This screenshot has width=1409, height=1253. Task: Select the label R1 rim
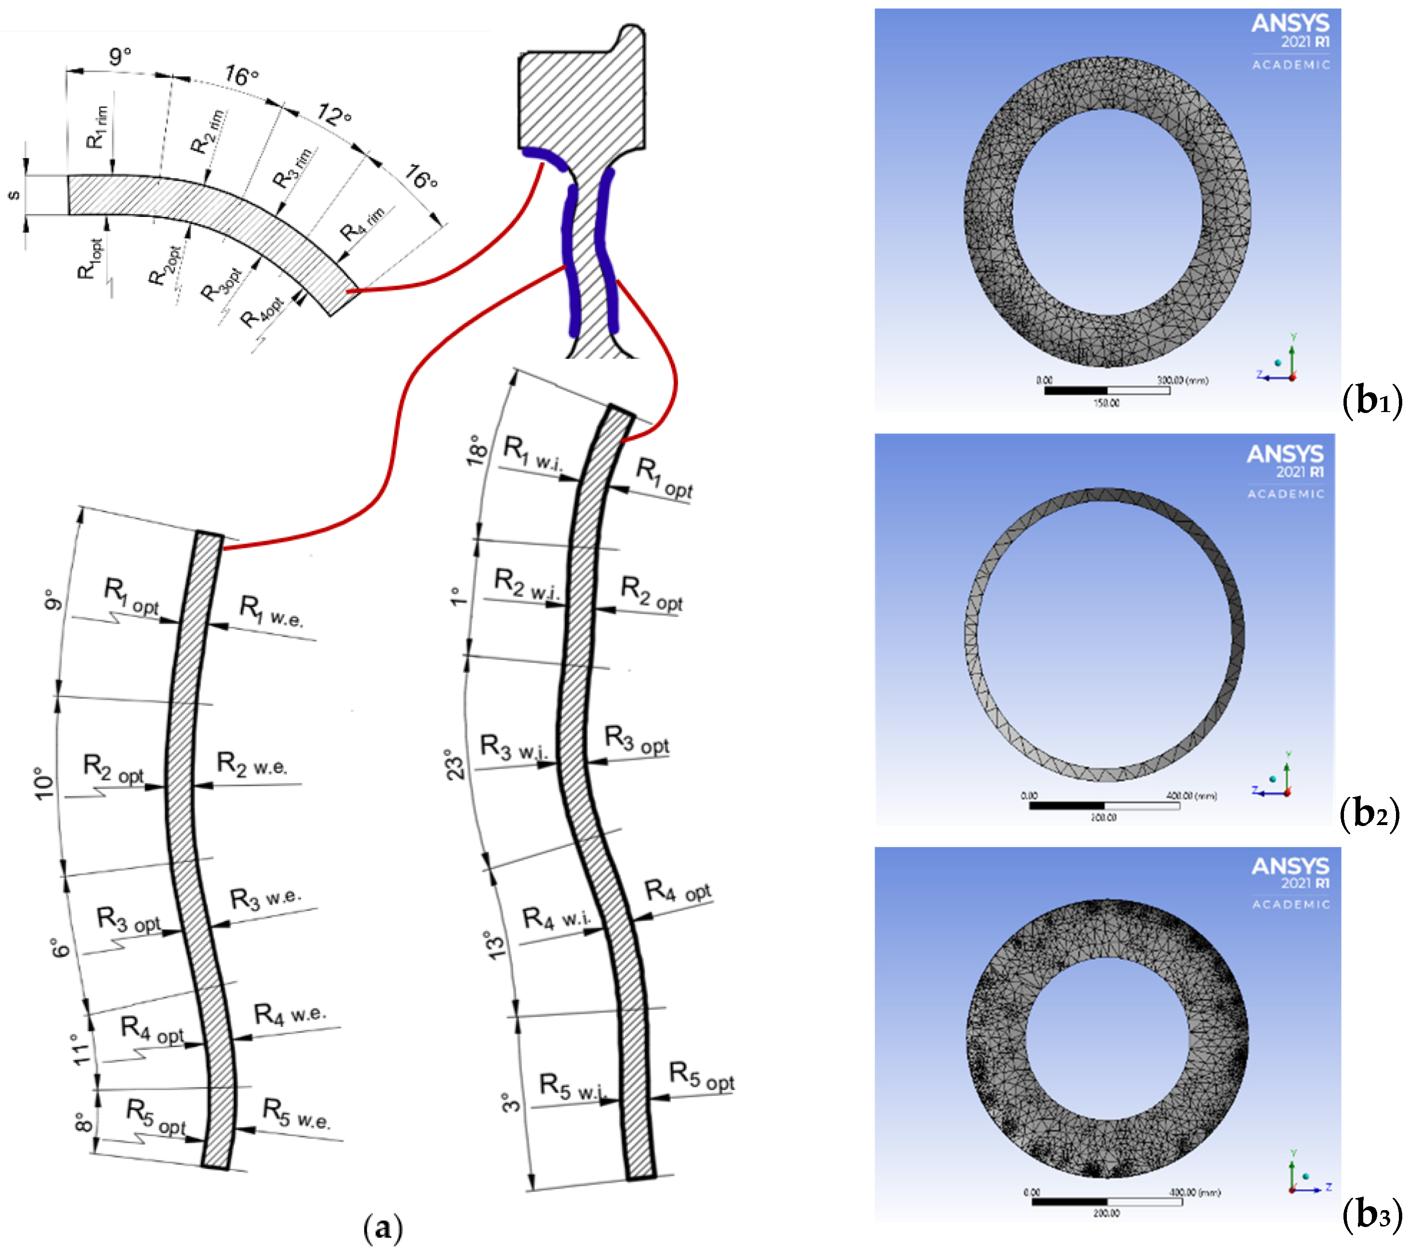click(x=96, y=128)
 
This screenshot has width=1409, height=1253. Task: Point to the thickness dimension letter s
click(x=13, y=196)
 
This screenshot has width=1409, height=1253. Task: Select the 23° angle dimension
click(x=455, y=764)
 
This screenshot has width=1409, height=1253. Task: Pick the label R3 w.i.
click(x=514, y=748)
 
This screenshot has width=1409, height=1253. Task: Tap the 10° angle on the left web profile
click(x=44, y=784)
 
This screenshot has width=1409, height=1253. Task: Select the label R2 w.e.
click(x=252, y=764)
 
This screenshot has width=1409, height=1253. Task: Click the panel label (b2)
click(x=1369, y=814)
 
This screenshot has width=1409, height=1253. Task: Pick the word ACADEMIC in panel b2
click(x=1286, y=494)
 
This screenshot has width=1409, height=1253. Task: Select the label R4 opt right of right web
click(x=678, y=892)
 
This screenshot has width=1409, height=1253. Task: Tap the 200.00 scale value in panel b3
click(x=1106, y=1213)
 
